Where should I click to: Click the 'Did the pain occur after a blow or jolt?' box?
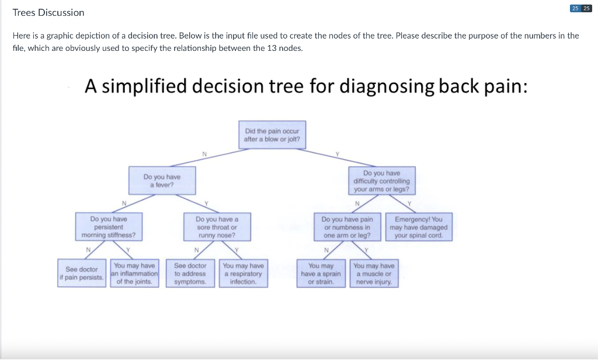(272, 135)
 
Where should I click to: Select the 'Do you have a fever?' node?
(162, 181)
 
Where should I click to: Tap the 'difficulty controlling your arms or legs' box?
(381, 181)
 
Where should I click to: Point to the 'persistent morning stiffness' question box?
(109, 227)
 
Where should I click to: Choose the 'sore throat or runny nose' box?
(217, 227)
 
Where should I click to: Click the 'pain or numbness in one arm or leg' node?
(347, 227)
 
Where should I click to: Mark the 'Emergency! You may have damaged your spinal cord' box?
(418, 227)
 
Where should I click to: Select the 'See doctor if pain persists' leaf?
(82, 274)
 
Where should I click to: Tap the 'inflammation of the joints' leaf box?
(135, 274)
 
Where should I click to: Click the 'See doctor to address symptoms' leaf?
(190, 274)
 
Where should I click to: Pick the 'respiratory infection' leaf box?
(243, 274)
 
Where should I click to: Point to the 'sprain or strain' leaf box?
(321, 274)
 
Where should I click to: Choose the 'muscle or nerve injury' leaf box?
(374, 274)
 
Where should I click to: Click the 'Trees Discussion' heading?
(48, 13)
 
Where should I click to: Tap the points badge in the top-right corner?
(580, 8)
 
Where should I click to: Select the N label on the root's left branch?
(204, 154)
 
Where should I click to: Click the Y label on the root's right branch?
(337, 154)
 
